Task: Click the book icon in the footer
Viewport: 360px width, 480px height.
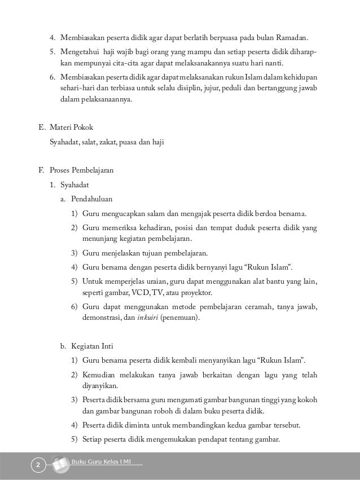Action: click(59, 464)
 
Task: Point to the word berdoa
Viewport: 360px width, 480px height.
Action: click(265, 213)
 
